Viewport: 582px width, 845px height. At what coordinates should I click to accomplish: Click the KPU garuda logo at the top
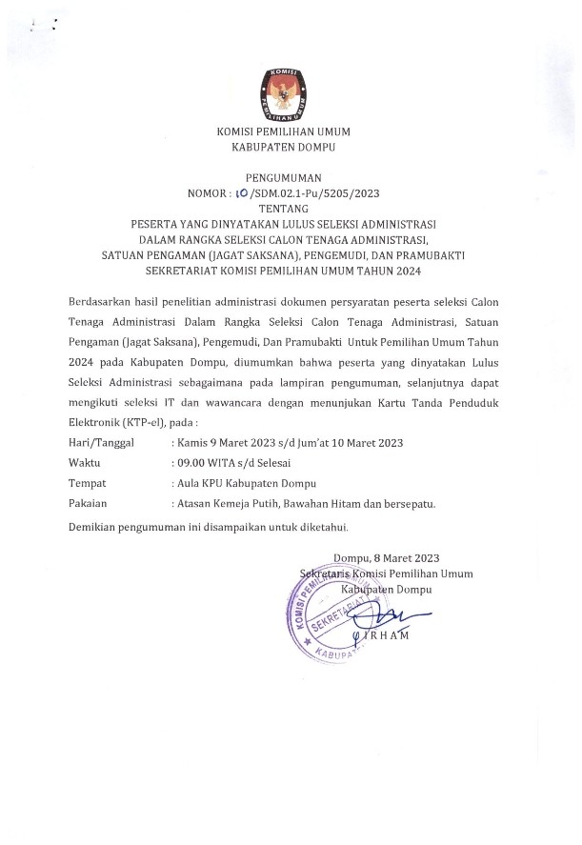pyautogui.click(x=283, y=93)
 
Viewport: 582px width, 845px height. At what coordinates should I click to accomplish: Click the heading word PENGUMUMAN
pyautogui.click(x=283, y=177)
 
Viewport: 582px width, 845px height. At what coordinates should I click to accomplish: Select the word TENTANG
pyautogui.click(x=284, y=208)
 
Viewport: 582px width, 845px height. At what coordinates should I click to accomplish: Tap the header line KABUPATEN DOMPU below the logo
pyautogui.click(x=283, y=148)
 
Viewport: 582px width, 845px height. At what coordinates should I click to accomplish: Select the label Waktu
pyautogui.click(x=87, y=462)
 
